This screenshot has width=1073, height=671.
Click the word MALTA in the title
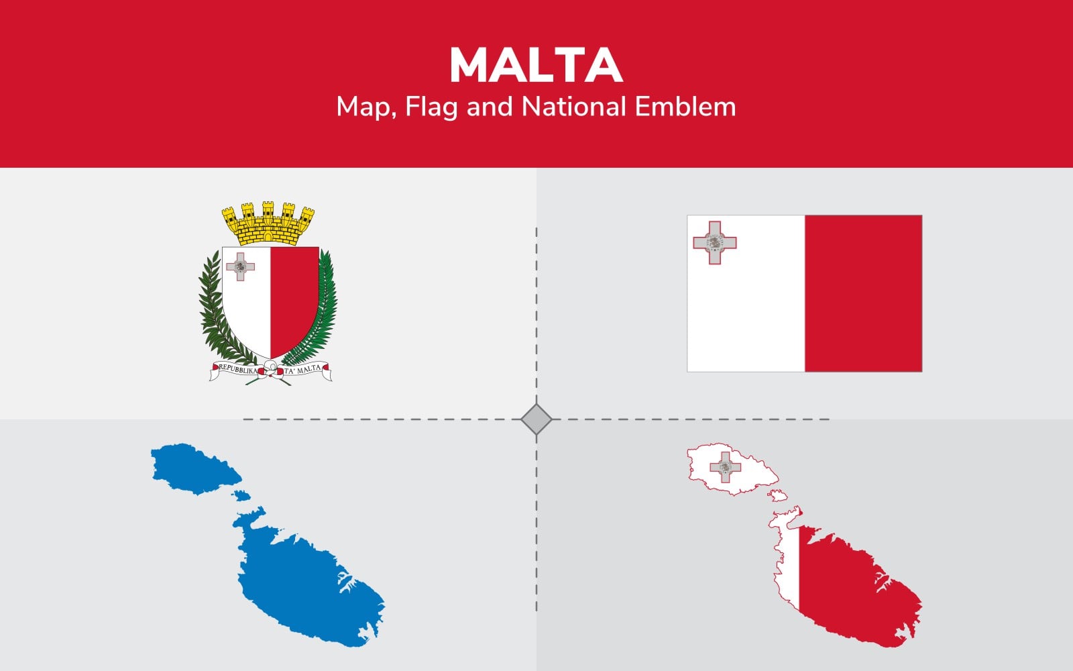pyautogui.click(x=536, y=65)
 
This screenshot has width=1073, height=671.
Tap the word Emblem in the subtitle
pyautogui.click(x=685, y=107)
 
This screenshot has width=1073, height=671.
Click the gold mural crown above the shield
pyautogui.click(x=268, y=223)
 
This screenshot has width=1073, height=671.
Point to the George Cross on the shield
pyautogui.click(x=241, y=266)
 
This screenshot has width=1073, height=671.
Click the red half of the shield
pyautogui.click(x=293, y=297)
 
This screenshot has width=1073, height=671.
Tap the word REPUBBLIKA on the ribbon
pyautogui.click(x=238, y=370)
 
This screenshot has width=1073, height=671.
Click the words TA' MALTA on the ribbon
pyautogui.click(x=302, y=370)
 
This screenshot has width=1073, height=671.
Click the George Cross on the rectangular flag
pyautogui.click(x=715, y=242)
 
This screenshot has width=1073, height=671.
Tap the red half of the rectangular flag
pyautogui.click(x=863, y=293)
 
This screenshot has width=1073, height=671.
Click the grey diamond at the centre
pyautogui.click(x=536, y=419)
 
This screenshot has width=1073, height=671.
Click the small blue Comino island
pyautogui.click(x=241, y=496)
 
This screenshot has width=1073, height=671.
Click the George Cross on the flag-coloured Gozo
pyautogui.click(x=725, y=467)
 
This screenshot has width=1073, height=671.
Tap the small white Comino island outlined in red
pyautogui.click(x=778, y=496)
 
